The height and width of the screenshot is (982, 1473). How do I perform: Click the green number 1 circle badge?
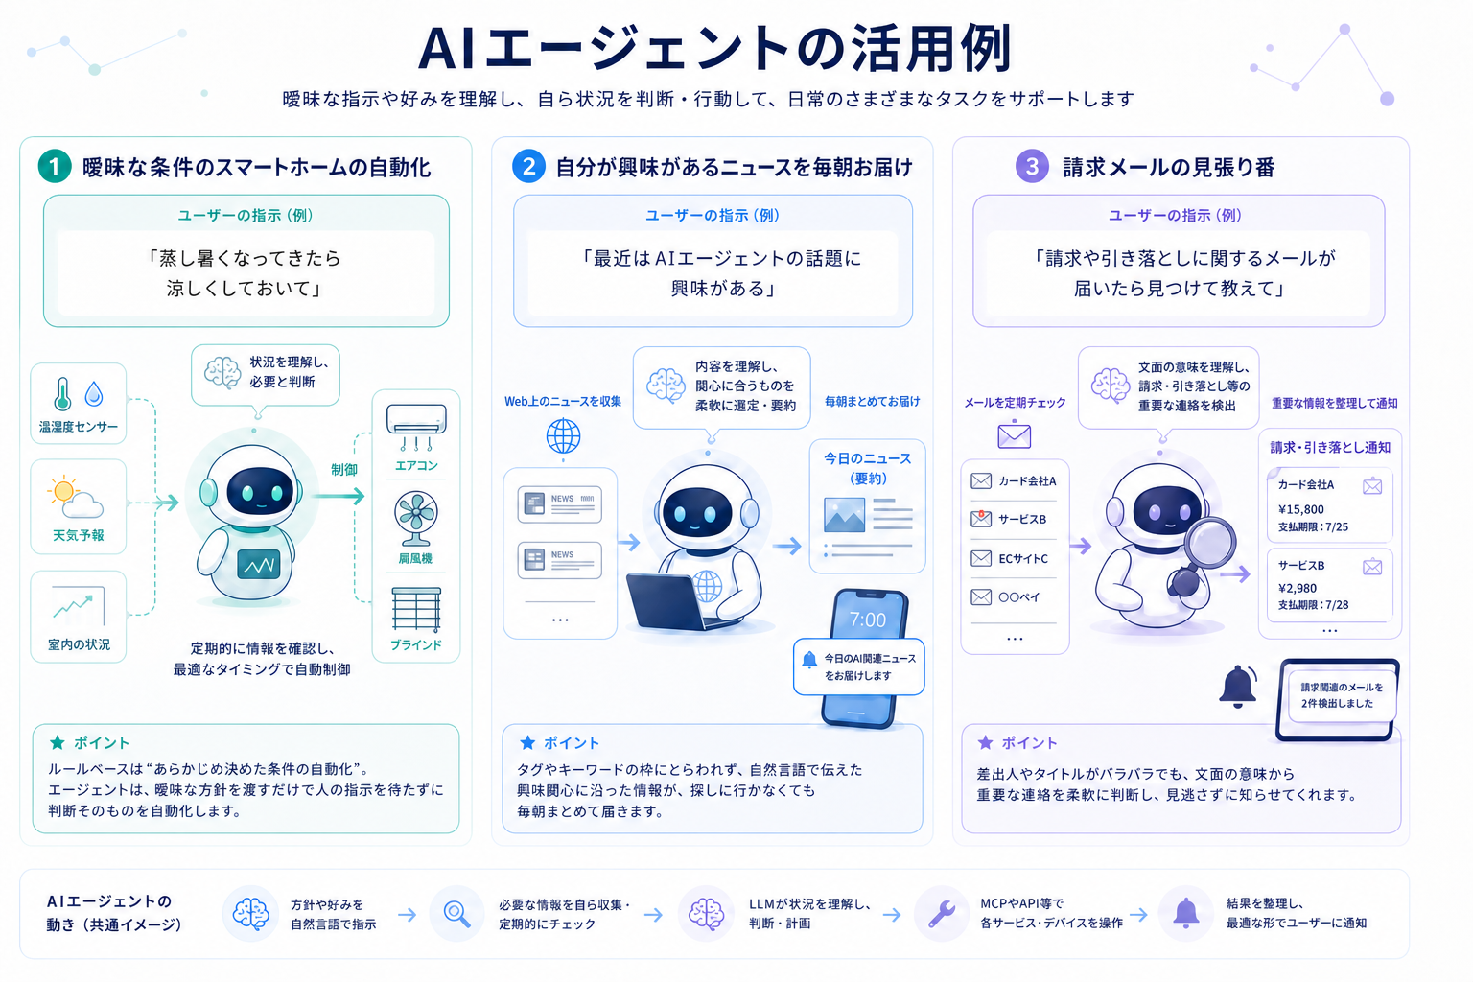point(55,167)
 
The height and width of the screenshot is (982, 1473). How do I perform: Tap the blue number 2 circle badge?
point(528,167)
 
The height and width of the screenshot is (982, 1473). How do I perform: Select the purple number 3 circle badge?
point(1032,167)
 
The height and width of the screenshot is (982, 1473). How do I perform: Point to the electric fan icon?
point(415,518)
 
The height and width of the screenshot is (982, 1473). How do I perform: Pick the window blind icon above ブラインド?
point(415,609)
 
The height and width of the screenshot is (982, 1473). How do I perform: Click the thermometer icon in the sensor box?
point(62,394)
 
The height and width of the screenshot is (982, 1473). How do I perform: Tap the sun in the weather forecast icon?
point(64,490)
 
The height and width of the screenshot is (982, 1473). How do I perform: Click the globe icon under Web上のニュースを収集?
point(564,436)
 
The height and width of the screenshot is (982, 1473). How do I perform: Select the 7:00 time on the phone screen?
point(867,620)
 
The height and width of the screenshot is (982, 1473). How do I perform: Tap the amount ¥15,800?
point(1301,509)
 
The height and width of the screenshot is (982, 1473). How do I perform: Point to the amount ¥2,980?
point(1298,588)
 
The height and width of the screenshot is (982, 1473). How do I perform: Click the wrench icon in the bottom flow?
point(942,914)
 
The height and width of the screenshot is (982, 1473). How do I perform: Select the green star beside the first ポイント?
point(58,742)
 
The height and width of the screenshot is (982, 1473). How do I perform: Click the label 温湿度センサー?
point(79,427)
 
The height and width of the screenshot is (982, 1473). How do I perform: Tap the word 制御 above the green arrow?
point(344,470)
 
